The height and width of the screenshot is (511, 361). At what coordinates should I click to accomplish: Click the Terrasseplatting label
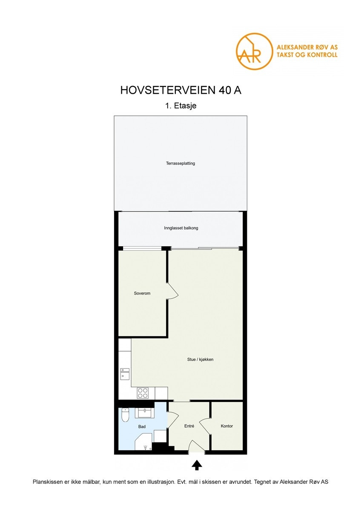pyautogui.click(x=180, y=163)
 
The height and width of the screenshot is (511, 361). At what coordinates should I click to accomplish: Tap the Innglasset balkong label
pyautogui.click(x=181, y=228)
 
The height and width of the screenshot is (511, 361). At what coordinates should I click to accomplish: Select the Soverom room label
pyautogui.click(x=142, y=293)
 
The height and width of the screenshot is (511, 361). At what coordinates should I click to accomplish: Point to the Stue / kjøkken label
pyautogui.click(x=200, y=359)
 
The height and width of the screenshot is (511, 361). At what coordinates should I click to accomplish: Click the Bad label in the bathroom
pyautogui.click(x=142, y=426)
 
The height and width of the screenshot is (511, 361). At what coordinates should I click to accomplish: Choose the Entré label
pyautogui.click(x=189, y=426)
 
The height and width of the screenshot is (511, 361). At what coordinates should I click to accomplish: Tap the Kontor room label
pyautogui.click(x=226, y=426)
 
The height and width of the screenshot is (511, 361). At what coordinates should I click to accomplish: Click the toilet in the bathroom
pyautogui.click(x=125, y=415)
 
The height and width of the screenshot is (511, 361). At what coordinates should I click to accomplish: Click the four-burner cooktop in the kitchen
pyautogui.click(x=143, y=393)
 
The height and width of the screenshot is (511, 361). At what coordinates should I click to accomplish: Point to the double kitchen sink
pyautogui.click(x=124, y=373)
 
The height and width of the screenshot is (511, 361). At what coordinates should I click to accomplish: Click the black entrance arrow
pyautogui.click(x=196, y=465)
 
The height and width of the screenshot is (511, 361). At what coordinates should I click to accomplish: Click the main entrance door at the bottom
pyautogui.click(x=196, y=447)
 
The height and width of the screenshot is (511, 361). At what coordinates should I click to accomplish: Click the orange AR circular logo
pyautogui.click(x=254, y=51)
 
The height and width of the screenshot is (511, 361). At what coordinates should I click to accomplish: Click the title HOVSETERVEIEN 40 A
pyautogui.click(x=180, y=90)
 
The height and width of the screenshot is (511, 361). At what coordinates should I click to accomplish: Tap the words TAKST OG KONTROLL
pyautogui.click(x=307, y=55)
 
